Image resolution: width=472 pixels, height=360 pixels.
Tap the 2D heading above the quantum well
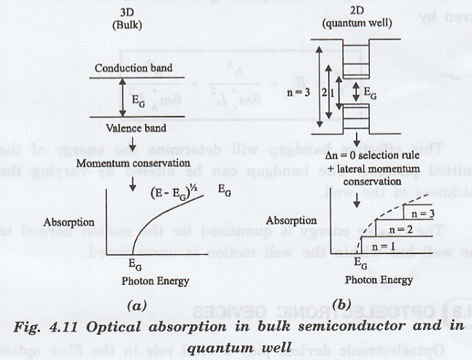point(357,12)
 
